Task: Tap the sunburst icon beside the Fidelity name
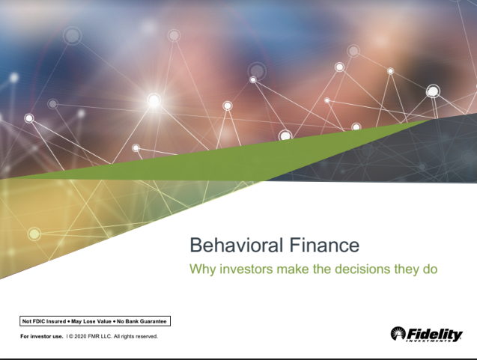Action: coord(398,333)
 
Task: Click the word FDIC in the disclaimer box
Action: coord(38,321)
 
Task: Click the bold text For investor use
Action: coord(41,336)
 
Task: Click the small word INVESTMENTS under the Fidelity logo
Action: coord(442,341)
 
